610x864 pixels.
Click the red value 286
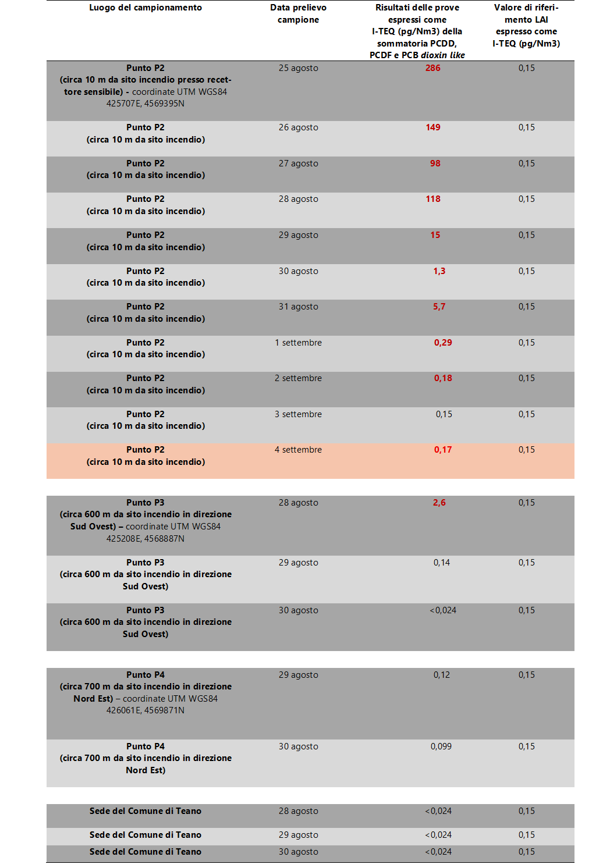[432, 68]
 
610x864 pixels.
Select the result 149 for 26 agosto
[432, 127]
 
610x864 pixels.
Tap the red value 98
[435, 163]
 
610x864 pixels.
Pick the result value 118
[432, 199]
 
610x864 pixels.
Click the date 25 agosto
[298, 68]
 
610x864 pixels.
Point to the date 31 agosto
[298, 307]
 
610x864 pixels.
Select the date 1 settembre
[298, 343]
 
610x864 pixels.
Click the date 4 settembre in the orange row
[298, 450]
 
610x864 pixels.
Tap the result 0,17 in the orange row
[442, 450]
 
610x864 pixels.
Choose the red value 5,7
[439, 307]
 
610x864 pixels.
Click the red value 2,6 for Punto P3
[439, 503]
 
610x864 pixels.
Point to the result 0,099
[441, 746]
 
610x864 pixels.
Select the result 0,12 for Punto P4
[441, 675]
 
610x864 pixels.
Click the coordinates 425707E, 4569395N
[145, 104]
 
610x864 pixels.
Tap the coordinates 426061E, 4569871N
[145, 710]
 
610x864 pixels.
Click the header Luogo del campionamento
[145, 8]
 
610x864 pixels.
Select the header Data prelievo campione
[298, 13]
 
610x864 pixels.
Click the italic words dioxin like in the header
[442, 55]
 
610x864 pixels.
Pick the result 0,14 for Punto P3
[441, 563]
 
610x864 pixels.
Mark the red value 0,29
[442, 343]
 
